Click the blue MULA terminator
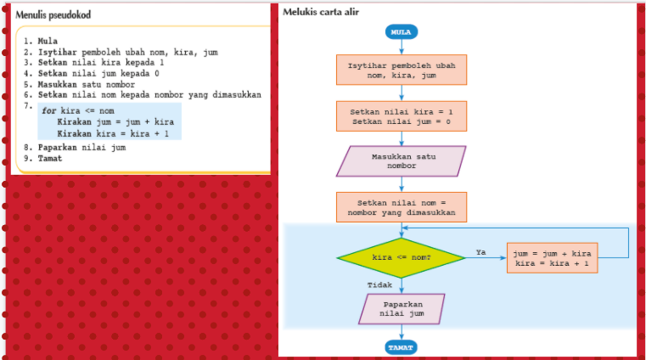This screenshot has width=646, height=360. tap(402, 32)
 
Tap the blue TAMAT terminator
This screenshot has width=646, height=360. tap(402, 347)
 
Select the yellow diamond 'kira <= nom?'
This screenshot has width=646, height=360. tap(402, 256)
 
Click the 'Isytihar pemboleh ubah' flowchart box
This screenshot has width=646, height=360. tap(402, 71)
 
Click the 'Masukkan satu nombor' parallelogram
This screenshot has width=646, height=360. tap(402, 161)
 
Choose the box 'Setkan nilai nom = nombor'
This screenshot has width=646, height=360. tap(402, 208)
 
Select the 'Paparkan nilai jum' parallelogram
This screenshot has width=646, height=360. tap(402, 308)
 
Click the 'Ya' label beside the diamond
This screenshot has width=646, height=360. tap(480, 251)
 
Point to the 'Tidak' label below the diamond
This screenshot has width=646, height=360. tap(379, 284)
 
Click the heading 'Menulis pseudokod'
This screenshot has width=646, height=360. tap(53, 15)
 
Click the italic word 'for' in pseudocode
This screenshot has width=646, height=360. tap(48, 110)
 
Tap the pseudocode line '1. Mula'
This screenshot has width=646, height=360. tap(41, 41)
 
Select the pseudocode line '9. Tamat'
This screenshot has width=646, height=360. tap(43, 158)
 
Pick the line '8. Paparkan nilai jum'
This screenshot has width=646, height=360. tap(75, 148)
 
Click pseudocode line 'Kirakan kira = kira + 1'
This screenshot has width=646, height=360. tap(113, 133)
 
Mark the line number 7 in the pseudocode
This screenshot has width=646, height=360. tap(26, 105)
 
